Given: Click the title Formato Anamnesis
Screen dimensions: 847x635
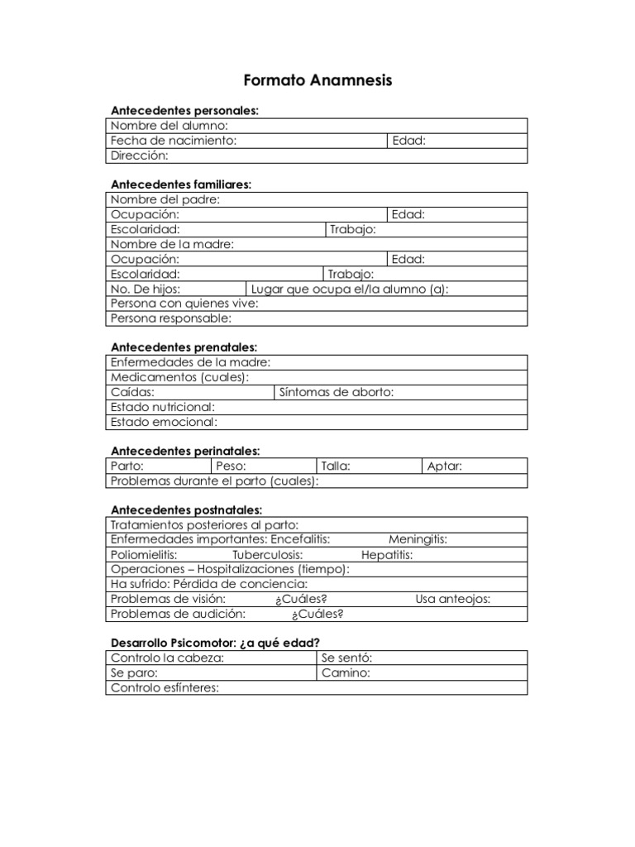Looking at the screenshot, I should pyautogui.click(x=317, y=80).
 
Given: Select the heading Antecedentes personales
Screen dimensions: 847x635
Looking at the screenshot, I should pyautogui.click(x=184, y=110).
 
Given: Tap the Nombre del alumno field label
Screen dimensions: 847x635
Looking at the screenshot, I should pyautogui.click(x=169, y=126).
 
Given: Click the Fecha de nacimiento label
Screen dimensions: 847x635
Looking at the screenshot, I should pyautogui.click(x=174, y=141).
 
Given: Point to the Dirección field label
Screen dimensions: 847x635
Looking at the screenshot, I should pyautogui.click(x=139, y=156).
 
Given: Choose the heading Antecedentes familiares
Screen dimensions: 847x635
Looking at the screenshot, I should pyautogui.click(x=181, y=184).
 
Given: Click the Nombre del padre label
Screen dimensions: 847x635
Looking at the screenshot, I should pyautogui.click(x=165, y=199).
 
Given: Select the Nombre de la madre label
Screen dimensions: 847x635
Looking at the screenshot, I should pyautogui.click(x=172, y=244).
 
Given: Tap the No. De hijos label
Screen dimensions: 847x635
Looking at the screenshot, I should pyautogui.click(x=146, y=289).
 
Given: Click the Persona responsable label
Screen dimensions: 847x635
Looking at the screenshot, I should pyautogui.click(x=171, y=318).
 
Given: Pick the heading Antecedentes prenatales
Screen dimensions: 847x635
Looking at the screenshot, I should pyautogui.click(x=184, y=347).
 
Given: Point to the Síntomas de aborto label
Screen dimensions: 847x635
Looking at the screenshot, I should pyautogui.click(x=337, y=392).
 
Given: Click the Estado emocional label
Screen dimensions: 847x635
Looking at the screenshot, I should pyautogui.click(x=164, y=422).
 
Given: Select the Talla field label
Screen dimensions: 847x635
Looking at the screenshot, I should pyautogui.click(x=336, y=467).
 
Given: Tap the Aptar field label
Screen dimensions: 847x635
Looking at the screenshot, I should pyautogui.click(x=444, y=467).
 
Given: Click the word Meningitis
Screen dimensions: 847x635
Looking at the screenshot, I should pyautogui.click(x=418, y=539).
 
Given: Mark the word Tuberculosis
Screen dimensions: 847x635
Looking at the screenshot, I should pyautogui.click(x=267, y=554).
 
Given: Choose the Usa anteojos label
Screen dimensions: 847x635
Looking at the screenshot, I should pyautogui.click(x=452, y=599).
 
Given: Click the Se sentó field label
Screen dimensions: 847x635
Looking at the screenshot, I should pyautogui.click(x=346, y=658).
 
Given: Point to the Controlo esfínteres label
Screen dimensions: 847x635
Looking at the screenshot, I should pyautogui.click(x=165, y=688).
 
